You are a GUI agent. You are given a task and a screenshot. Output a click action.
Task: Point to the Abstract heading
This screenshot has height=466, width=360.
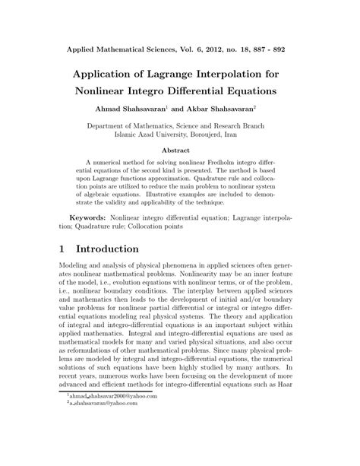coord(179,150)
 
